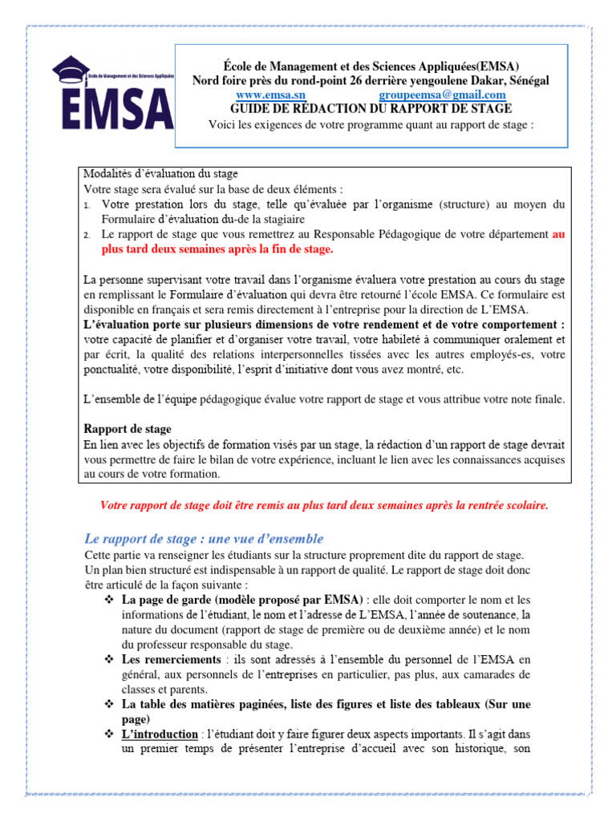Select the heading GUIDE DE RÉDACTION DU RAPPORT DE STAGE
pos(359,108)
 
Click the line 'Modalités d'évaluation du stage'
pos(161,174)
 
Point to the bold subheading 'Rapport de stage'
pos(128,430)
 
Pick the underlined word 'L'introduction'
pos(160,734)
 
